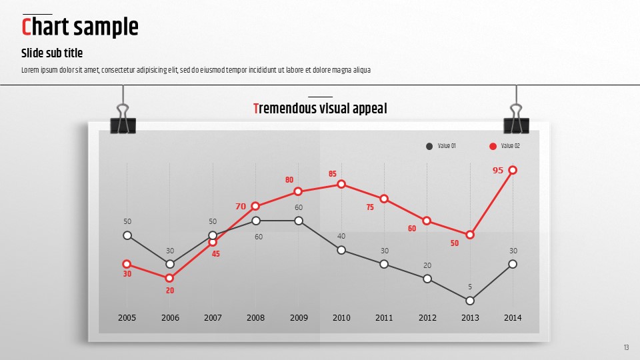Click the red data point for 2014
pos(513,170)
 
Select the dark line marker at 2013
pos(470,301)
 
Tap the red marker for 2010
pos(341,184)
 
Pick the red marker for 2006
pos(170,278)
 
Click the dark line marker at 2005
pos(127,235)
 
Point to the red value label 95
pos(498,171)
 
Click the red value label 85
pos(333,174)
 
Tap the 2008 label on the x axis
pos(255,318)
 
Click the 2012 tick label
pos(427,318)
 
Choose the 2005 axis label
pos(127,318)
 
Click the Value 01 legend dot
pos(429,146)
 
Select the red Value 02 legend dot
pos(493,146)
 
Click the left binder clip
pos(123,120)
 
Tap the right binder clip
pos(516,120)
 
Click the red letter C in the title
pos(27,27)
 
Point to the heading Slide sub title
pos(52,53)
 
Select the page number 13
pos(627,347)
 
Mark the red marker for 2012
pos(427,221)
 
